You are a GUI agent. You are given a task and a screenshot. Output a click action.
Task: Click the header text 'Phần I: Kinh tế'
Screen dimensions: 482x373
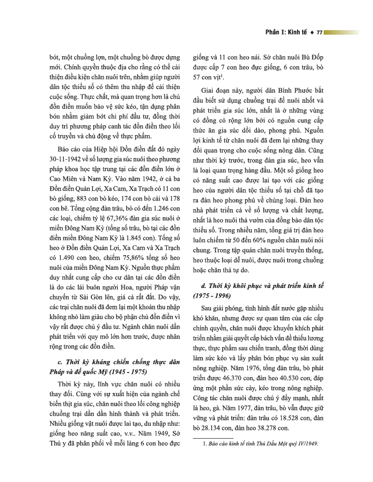[x=287, y=32]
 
